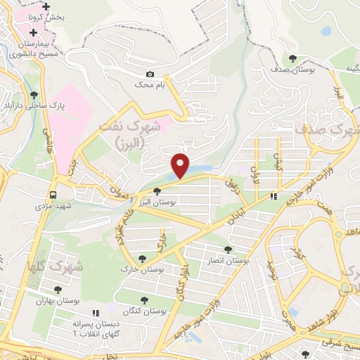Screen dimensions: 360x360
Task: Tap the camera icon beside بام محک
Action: point(150,74)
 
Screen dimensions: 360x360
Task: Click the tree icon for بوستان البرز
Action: point(157,191)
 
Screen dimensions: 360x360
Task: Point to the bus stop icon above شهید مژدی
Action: point(53,195)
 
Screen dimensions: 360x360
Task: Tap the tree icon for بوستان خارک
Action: point(143,259)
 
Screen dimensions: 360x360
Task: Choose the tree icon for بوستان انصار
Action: point(229,249)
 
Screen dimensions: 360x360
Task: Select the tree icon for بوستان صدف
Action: point(293,59)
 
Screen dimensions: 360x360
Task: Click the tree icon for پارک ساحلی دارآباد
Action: point(33,95)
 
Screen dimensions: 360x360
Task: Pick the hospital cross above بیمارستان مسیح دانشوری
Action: point(33,32)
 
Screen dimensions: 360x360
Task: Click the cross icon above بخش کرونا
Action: point(46,5)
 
